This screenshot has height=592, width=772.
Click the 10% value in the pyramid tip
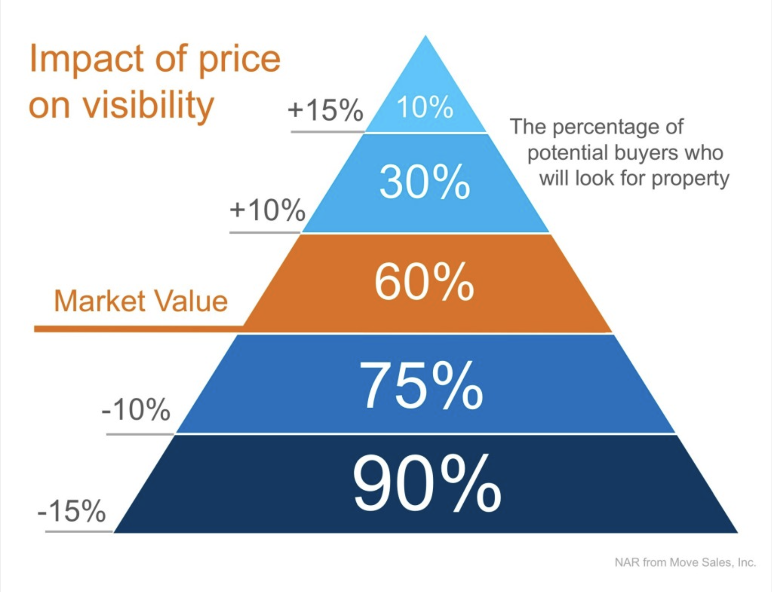425,107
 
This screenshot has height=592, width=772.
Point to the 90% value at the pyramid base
427,483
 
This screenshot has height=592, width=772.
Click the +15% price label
325,110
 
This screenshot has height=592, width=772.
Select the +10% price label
267,210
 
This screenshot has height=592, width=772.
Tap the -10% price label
136,410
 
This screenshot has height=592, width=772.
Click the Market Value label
141,301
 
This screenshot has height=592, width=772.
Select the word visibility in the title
148,105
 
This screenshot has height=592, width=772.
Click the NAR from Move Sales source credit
685,562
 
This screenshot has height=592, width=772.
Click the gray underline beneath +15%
327,132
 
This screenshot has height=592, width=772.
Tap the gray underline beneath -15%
79,531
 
